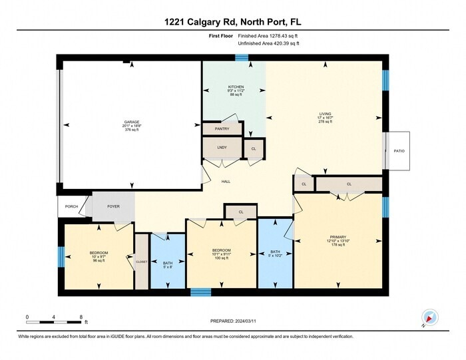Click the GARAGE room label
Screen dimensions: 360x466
point(131,122)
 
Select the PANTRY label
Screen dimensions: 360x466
point(222,128)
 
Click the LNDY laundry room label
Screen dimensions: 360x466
point(222,146)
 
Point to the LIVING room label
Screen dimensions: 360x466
point(325,114)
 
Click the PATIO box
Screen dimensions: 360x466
point(399,150)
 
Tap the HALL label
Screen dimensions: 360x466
point(226,181)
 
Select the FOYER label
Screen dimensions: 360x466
point(113,206)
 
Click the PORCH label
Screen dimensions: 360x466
point(71,206)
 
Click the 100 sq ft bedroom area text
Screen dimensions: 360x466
point(221,258)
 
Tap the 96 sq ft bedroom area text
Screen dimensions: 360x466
point(99,260)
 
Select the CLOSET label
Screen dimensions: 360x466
point(142,262)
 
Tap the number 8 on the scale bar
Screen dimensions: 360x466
point(81,316)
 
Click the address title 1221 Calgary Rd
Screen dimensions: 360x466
point(232,21)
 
